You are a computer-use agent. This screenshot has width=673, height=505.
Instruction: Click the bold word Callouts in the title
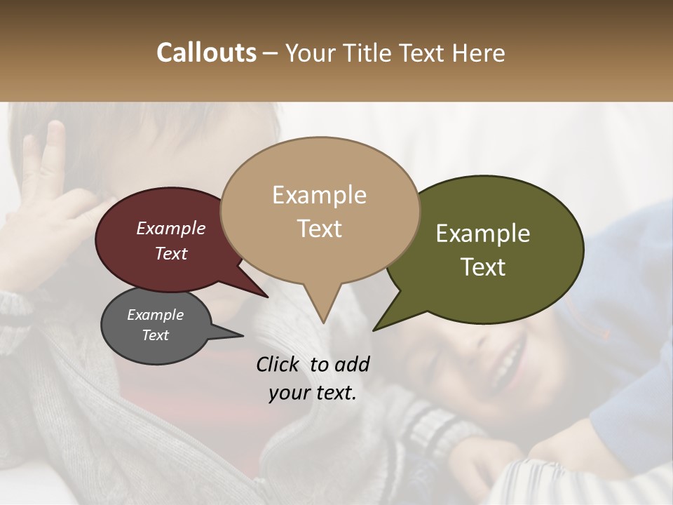206,53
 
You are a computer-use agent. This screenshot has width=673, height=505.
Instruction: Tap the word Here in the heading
477,53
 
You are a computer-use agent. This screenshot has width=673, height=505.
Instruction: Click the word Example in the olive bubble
483,234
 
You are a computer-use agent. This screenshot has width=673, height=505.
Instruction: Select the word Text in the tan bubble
320,229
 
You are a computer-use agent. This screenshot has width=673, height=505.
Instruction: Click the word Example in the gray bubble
155,315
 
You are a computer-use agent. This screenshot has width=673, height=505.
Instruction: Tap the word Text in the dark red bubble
171,253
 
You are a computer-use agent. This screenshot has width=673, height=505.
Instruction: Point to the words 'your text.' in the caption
313,392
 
